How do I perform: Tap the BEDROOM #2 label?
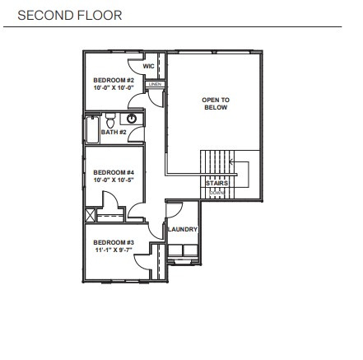point(108,80)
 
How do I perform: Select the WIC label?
point(149,66)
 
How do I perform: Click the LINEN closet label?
point(154,84)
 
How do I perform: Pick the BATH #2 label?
point(114,132)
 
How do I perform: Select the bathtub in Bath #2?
point(91,129)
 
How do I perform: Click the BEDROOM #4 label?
point(108,172)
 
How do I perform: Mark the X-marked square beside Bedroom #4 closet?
point(91,215)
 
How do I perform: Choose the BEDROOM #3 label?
point(108,242)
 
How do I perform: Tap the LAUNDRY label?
point(183,230)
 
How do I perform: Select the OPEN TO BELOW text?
point(216,103)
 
